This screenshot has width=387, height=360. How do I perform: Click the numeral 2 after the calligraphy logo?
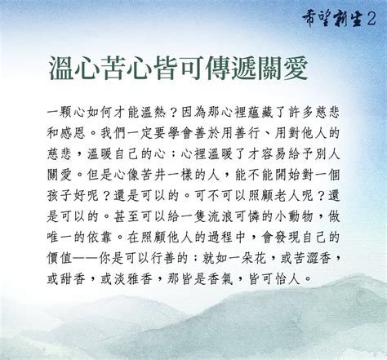[x=372, y=19]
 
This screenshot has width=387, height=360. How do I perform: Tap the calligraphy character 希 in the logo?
[x=310, y=19]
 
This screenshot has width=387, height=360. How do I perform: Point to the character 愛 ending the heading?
[x=296, y=68]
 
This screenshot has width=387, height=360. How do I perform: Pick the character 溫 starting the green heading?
[x=61, y=68]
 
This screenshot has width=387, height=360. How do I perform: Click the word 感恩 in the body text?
[x=73, y=133]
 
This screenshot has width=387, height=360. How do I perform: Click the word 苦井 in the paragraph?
[x=153, y=175]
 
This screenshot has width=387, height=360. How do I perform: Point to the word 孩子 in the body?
[x=60, y=195]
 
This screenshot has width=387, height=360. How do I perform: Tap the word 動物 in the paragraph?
[x=300, y=216]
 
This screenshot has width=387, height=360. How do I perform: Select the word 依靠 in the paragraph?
[x=100, y=237]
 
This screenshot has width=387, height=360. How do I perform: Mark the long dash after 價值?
[x=86, y=258]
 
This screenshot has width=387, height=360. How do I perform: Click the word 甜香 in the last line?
[x=73, y=278]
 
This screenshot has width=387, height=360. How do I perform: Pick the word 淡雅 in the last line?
[x=127, y=278]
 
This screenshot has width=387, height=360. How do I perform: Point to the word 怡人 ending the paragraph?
[x=287, y=278]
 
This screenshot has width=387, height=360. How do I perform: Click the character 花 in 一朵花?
[x=260, y=258]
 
